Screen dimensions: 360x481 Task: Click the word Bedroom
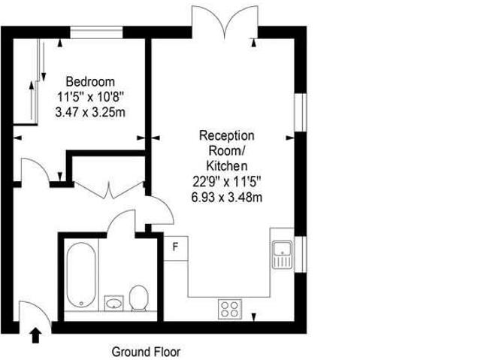point(89,81)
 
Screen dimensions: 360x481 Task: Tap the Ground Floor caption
point(146,351)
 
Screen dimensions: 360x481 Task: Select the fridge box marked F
point(175,247)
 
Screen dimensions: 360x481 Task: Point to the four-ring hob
point(229,307)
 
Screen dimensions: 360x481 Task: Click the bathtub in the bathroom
point(78,275)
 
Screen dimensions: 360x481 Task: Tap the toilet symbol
point(138,298)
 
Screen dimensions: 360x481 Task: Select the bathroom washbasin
point(113,302)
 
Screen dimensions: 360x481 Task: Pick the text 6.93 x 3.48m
point(226,197)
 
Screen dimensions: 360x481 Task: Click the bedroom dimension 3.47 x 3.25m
point(89,111)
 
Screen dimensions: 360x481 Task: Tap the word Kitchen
point(226,165)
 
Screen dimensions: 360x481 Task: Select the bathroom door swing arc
point(121,222)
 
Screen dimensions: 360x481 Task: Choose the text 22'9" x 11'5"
point(226,181)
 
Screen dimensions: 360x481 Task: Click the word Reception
point(226,135)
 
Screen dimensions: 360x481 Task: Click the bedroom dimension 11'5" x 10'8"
point(89,96)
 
